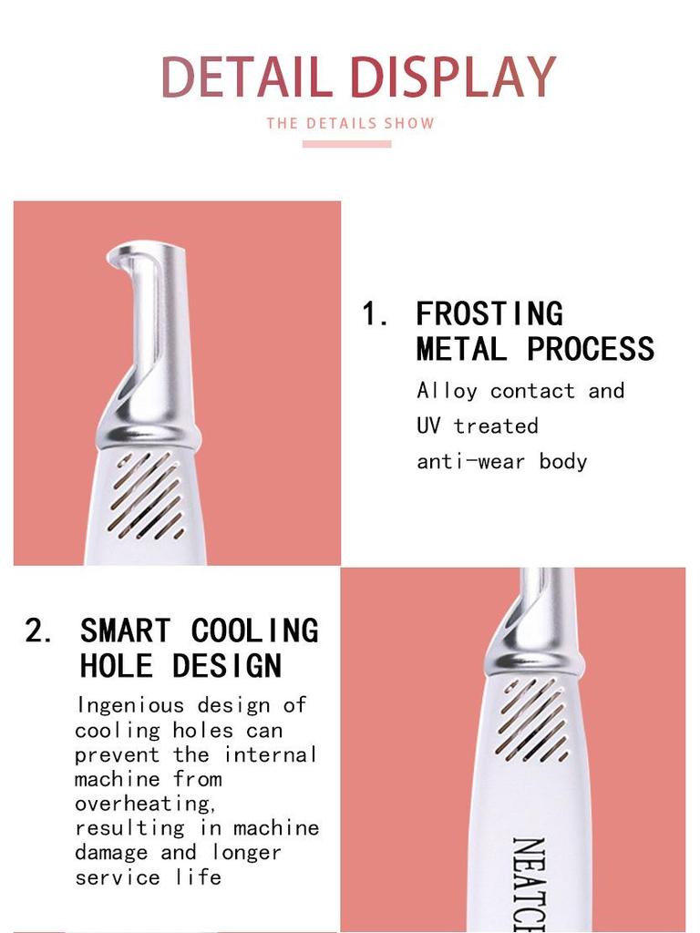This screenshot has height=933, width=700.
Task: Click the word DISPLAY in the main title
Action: [x=453, y=77]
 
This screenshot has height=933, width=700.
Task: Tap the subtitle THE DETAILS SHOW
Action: [x=350, y=123]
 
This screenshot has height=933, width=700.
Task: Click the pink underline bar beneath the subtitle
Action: [x=346, y=143]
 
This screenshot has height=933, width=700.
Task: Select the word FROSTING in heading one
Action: [x=489, y=314]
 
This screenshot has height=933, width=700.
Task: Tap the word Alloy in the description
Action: [x=447, y=391]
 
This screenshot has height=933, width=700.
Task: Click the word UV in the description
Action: [x=428, y=425]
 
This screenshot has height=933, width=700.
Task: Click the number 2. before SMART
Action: [x=39, y=631]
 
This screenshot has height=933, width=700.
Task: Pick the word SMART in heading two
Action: [x=125, y=631]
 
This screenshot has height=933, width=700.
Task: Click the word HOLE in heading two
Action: [x=116, y=665]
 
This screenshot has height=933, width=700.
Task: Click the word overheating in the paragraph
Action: [x=143, y=804]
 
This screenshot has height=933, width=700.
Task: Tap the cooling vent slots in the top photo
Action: [x=146, y=497]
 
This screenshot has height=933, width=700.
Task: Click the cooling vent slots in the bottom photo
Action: [x=533, y=720]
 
